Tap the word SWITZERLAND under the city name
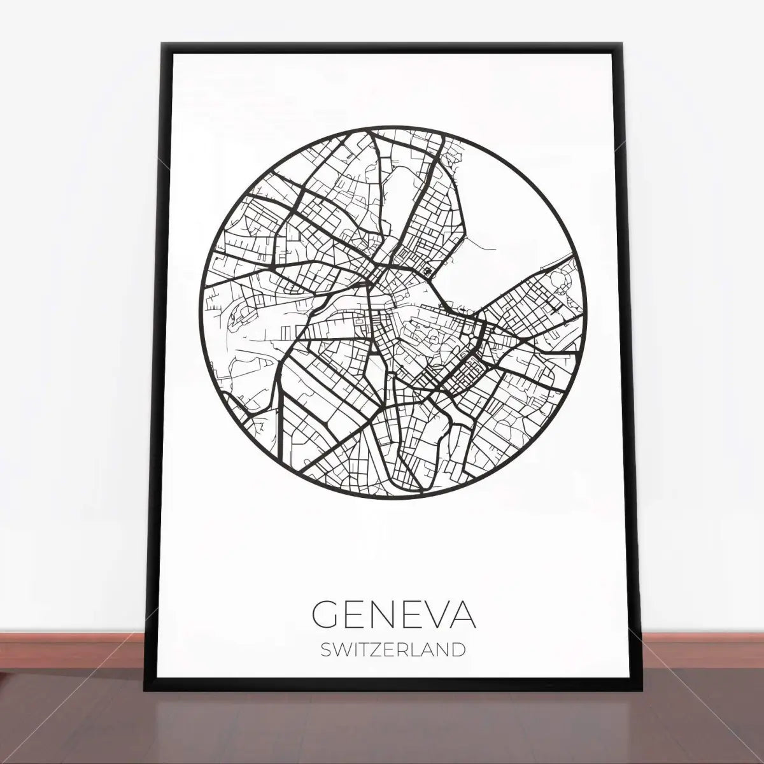click(x=393, y=650)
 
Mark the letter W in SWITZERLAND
click(x=341, y=650)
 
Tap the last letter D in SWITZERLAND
click(x=457, y=650)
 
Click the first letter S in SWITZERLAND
click(x=326, y=650)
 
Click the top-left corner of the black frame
click(x=164, y=45)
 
